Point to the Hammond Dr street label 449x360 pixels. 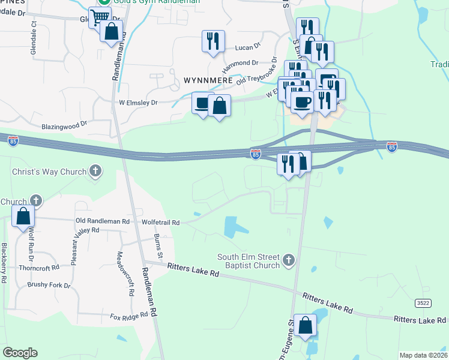tap(241, 62)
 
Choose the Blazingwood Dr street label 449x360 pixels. tap(64, 127)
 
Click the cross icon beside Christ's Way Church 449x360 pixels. tap(95, 172)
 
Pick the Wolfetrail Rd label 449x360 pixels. tap(160, 222)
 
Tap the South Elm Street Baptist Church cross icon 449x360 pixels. tap(289, 260)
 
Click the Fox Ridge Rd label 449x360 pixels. tap(128, 316)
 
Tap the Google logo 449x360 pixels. tap(20, 352)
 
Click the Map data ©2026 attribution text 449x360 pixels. tap(423, 355)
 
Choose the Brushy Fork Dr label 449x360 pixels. tap(49, 285)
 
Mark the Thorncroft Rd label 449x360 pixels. tap(39, 268)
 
